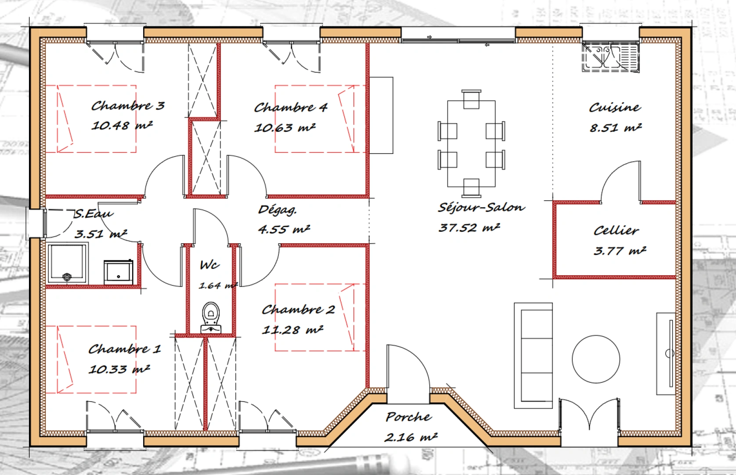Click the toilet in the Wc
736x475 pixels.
(211, 318)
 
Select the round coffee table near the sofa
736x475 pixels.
(596, 359)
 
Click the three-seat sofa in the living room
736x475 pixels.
(533, 355)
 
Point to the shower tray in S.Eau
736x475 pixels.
(68, 263)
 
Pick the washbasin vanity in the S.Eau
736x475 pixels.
(118, 272)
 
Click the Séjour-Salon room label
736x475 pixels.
(481, 208)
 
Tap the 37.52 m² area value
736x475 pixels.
(469, 227)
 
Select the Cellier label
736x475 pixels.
(616, 230)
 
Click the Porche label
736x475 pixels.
(408, 417)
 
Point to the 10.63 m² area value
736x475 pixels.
(285, 128)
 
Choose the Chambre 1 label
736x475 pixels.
(125, 349)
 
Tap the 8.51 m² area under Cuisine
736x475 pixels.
(615, 128)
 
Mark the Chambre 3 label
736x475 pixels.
(127, 106)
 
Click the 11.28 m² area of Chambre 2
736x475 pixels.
(292, 329)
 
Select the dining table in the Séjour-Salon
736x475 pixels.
(471, 144)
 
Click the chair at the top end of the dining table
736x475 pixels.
(471, 99)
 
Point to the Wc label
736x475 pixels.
(209, 265)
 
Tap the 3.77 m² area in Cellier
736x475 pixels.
(620, 251)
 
